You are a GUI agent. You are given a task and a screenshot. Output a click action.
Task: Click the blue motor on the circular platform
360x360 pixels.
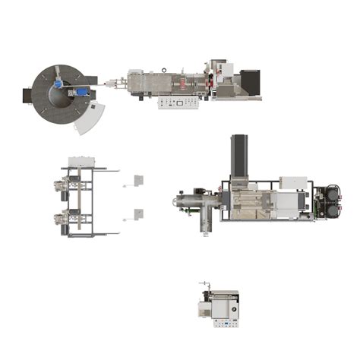tap(81, 91)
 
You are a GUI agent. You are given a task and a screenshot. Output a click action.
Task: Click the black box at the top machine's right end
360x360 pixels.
tap(250, 79)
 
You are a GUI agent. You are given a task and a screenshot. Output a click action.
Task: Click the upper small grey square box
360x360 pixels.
tap(138, 180)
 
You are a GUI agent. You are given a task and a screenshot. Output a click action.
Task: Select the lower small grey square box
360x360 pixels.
tap(138, 213)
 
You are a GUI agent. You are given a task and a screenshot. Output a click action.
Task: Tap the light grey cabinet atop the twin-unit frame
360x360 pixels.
tap(81, 162)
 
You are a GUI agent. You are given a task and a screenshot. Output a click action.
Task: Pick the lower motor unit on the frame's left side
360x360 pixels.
tap(62, 220)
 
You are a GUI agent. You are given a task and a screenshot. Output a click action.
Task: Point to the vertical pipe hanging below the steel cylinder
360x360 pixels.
tap(205, 223)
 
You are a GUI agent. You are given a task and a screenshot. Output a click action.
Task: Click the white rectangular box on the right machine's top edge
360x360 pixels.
tap(292, 182)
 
